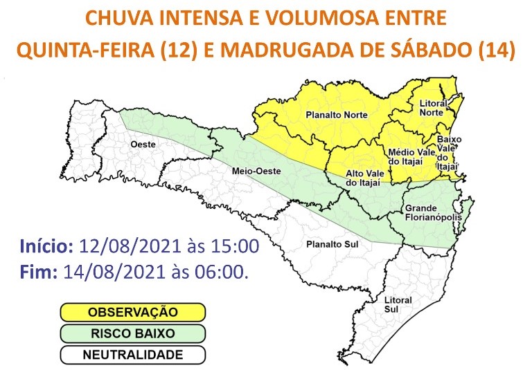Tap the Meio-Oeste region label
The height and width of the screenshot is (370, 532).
click(x=253, y=171)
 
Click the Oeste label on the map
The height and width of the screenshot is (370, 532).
click(x=142, y=144)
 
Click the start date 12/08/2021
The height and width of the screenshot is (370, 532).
click(x=132, y=246)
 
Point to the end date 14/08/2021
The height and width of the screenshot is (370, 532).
click(x=115, y=272)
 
